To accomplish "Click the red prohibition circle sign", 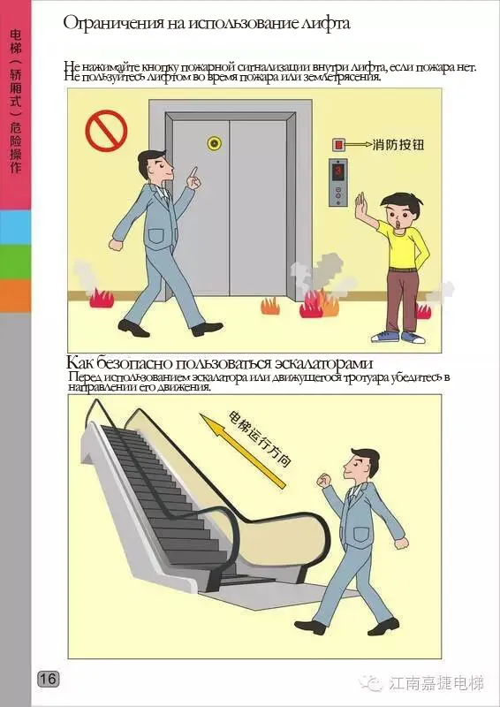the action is pos(106,131).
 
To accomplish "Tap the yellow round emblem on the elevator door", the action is pos(214,143).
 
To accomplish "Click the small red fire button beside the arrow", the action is pos(337,145).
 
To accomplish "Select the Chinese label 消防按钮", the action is pos(398,145).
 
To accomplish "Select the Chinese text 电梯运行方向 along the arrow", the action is pos(260,438).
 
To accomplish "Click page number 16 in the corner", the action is pos(49,679).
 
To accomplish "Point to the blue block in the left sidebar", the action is pos(15,227).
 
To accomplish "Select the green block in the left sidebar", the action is pos(15,262).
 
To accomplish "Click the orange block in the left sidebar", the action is pos(15,296).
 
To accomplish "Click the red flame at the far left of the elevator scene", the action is pos(102,299).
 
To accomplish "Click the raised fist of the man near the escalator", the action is pos(323,480).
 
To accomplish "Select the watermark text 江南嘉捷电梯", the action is pos(436,683).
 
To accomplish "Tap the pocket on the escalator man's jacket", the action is pos(360,536).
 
